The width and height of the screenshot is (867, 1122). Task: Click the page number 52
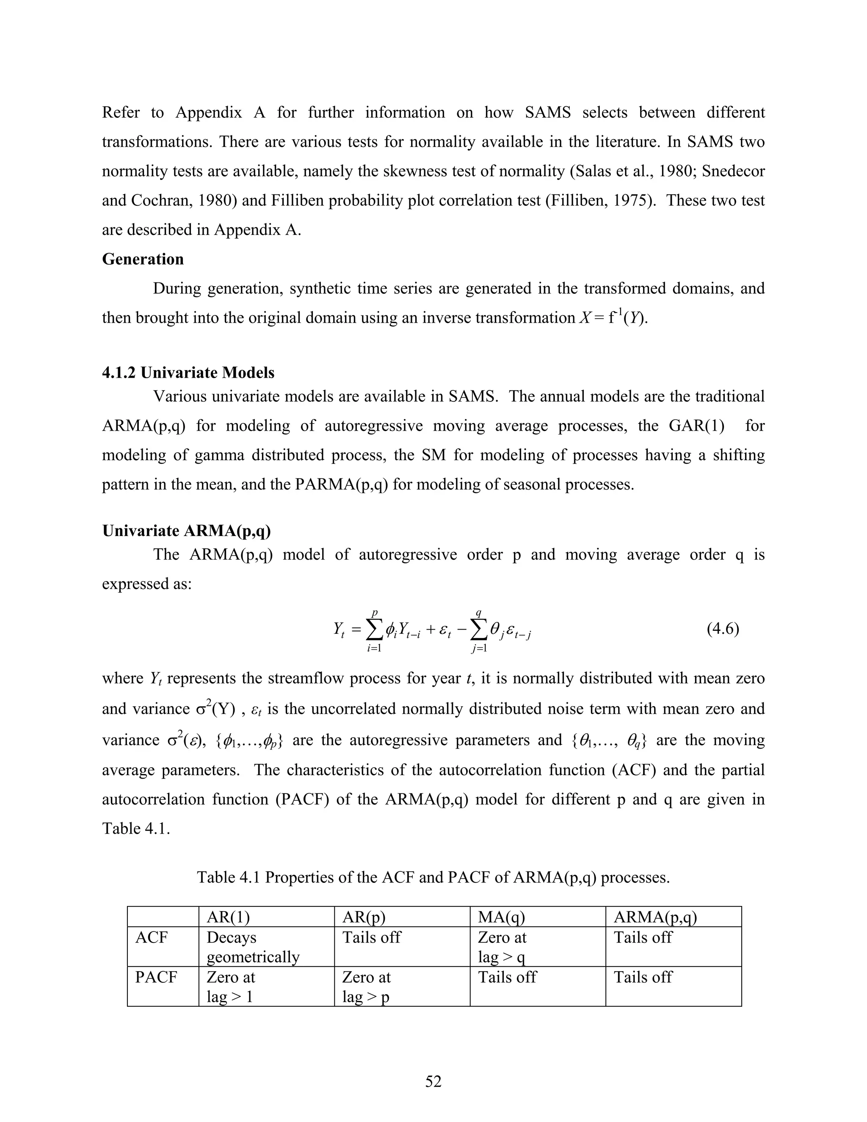click(433, 1081)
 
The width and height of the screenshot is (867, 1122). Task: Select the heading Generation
click(143, 259)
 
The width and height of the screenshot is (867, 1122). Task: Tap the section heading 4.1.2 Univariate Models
click(188, 373)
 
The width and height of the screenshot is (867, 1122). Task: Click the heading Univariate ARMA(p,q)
click(186, 531)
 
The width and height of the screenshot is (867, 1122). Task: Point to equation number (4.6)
click(723, 629)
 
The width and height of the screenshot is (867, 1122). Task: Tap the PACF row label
click(156, 977)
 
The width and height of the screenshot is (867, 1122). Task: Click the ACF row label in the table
click(152, 937)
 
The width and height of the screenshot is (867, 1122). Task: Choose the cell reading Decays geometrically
click(253, 947)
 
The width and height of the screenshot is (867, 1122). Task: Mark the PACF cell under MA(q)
click(507, 977)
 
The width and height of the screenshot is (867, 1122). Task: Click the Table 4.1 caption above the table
click(433, 877)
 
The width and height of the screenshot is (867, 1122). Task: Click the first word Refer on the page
click(121, 113)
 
